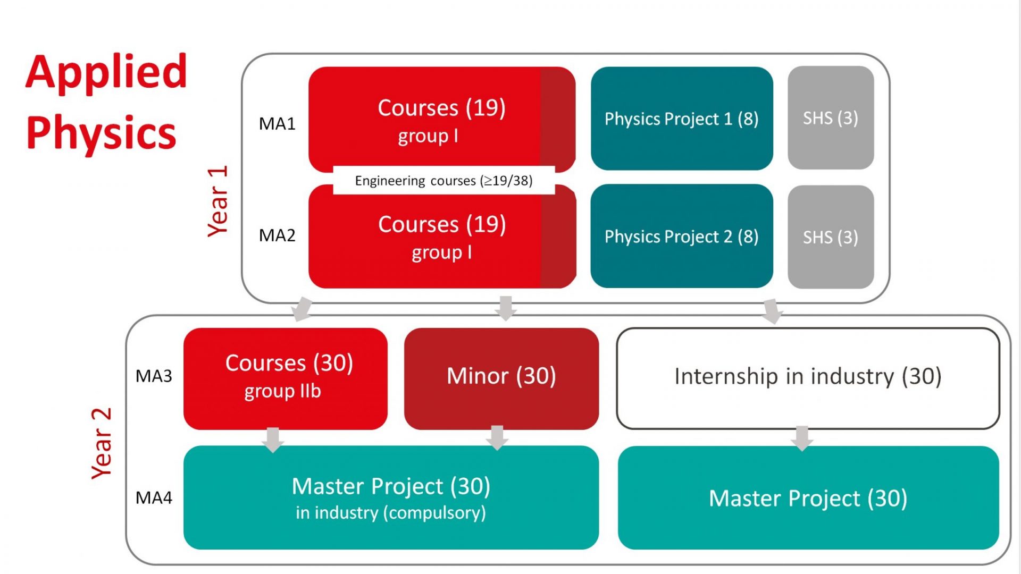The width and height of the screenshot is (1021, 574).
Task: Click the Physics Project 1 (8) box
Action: [x=682, y=119]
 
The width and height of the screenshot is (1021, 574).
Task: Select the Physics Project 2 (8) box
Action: [x=682, y=236]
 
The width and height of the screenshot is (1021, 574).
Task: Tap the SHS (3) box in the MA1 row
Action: [x=830, y=118]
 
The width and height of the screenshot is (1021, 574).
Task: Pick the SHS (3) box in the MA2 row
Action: [x=830, y=237]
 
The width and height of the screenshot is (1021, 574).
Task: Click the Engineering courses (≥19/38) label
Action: [x=443, y=181]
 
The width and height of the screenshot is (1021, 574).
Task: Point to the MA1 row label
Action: [x=277, y=124]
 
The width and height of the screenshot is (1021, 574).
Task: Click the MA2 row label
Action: [x=277, y=235]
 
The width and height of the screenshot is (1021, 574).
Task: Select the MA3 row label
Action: [x=154, y=376]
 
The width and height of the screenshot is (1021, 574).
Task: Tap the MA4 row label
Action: [x=154, y=497]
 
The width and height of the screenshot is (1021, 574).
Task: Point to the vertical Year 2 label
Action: [x=101, y=443]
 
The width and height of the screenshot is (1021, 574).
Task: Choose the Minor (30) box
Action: [x=501, y=376]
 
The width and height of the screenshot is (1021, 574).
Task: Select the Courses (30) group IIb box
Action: [x=285, y=377]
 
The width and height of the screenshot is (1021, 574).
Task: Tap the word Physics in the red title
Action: [x=101, y=133]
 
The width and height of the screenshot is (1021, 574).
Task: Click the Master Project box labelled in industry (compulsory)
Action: [x=391, y=497]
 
